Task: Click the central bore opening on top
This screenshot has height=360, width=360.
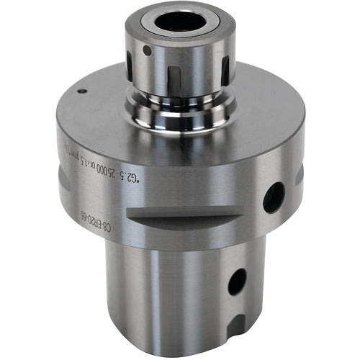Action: tap(179, 22)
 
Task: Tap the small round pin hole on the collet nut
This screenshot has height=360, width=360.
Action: tap(147, 51)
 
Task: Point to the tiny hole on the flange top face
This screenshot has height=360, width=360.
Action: tap(83, 91)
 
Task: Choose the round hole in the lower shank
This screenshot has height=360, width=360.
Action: tap(237, 282)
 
